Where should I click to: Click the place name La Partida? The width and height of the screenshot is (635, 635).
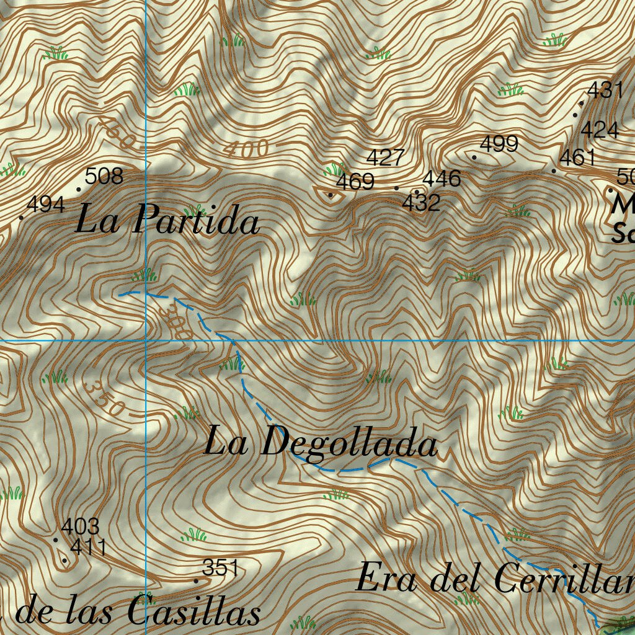167,221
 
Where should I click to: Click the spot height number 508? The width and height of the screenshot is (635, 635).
104,177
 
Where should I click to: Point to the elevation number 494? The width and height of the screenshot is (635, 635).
46,205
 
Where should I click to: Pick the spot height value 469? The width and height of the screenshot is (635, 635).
355,182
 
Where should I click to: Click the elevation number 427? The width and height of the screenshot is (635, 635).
386,158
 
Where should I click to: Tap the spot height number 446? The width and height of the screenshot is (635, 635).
442,179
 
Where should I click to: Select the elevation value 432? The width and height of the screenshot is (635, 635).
422,202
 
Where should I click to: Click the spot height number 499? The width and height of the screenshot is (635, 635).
499,144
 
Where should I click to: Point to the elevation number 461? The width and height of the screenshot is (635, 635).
577,158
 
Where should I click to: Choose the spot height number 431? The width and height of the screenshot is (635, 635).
604,91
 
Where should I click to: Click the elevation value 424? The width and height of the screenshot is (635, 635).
599,130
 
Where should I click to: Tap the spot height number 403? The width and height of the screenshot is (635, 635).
80,527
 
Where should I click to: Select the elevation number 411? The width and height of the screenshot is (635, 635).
88,548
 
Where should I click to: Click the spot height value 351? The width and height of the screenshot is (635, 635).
221,567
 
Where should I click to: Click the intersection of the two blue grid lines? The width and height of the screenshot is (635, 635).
146,340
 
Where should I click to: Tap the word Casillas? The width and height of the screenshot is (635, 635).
194,613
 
